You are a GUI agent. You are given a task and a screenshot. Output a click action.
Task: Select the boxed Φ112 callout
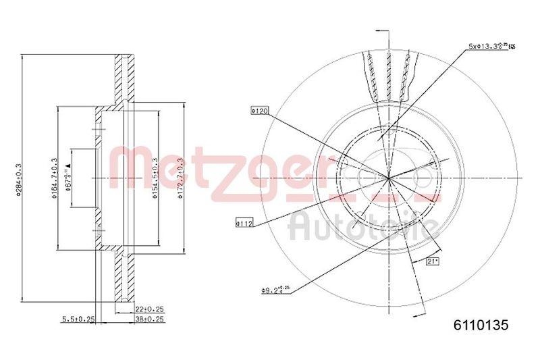pos(244,222)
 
